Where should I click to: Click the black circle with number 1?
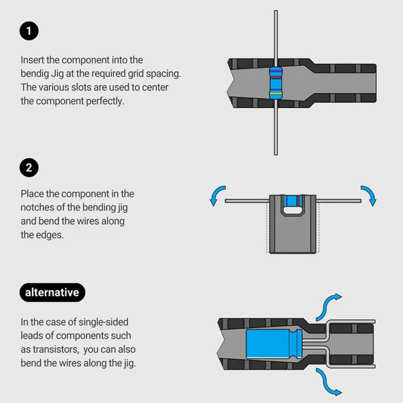[29, 31]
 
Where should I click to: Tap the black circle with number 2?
[29, 168]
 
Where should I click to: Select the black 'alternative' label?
[52, 292]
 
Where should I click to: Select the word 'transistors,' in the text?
[57, 349]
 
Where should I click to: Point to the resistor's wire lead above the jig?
[275, 35]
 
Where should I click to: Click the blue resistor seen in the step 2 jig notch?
[293, 201]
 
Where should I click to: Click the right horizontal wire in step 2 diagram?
[339, 201]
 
